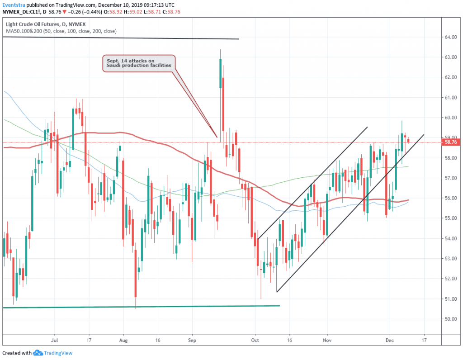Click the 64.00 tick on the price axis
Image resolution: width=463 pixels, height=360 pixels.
pyautogui.click(x=449, y=37)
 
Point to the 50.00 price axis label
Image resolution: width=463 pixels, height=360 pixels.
pyautogui.click(x=449, y=319)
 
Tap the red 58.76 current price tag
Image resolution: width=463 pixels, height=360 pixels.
pyautogui.click(x=451, y=142)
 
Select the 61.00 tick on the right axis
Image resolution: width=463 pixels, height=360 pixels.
pyautogui.click(x=449, y=98)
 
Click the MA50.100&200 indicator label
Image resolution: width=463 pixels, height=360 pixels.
pyautogui.click(x=61, y=31)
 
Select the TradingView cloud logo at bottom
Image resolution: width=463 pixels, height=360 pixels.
pyautogui.click(x=38, y=353)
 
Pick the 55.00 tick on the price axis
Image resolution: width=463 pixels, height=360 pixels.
pyautogui.click(x=449, y=218)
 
